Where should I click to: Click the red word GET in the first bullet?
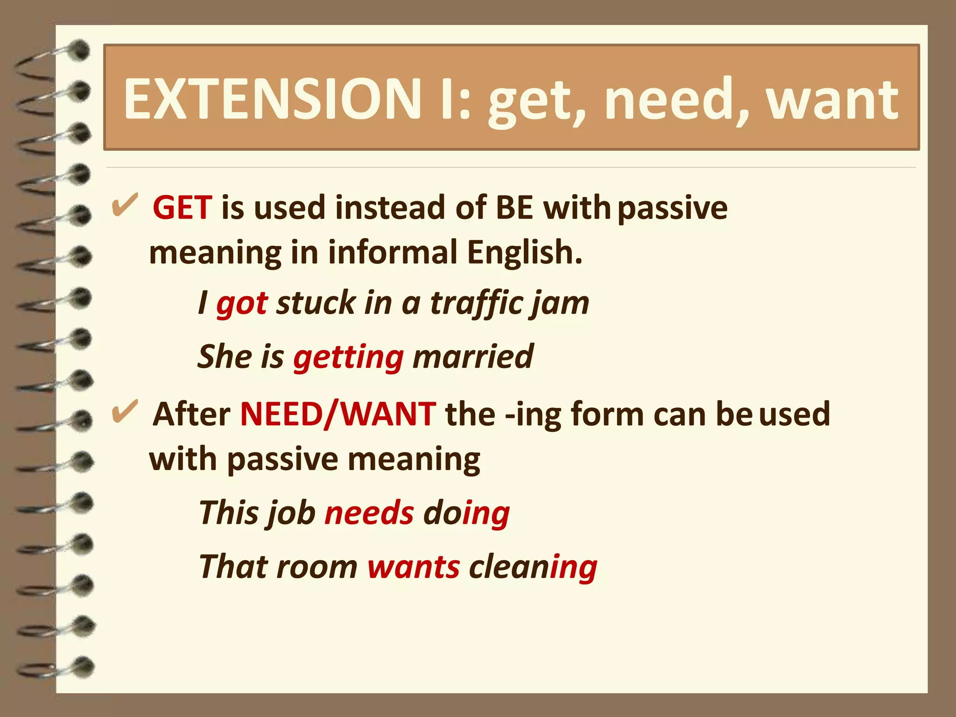pyautogui.click(x=183, y=208)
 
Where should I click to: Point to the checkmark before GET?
pyautogui.click(x=125, y=205)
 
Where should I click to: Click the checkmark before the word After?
pyautogui.click(x=125, y=412)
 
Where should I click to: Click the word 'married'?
pyautogui.click(x=472, y=357)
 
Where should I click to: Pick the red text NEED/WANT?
pyautogui.click(x=338, y=414)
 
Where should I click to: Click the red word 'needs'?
pyautogui.click(x=369, y=513)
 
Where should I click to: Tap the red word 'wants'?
pyautogui.click(x=414, y=567)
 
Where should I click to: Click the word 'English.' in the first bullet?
pyautogui.click(x=525, y=253)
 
